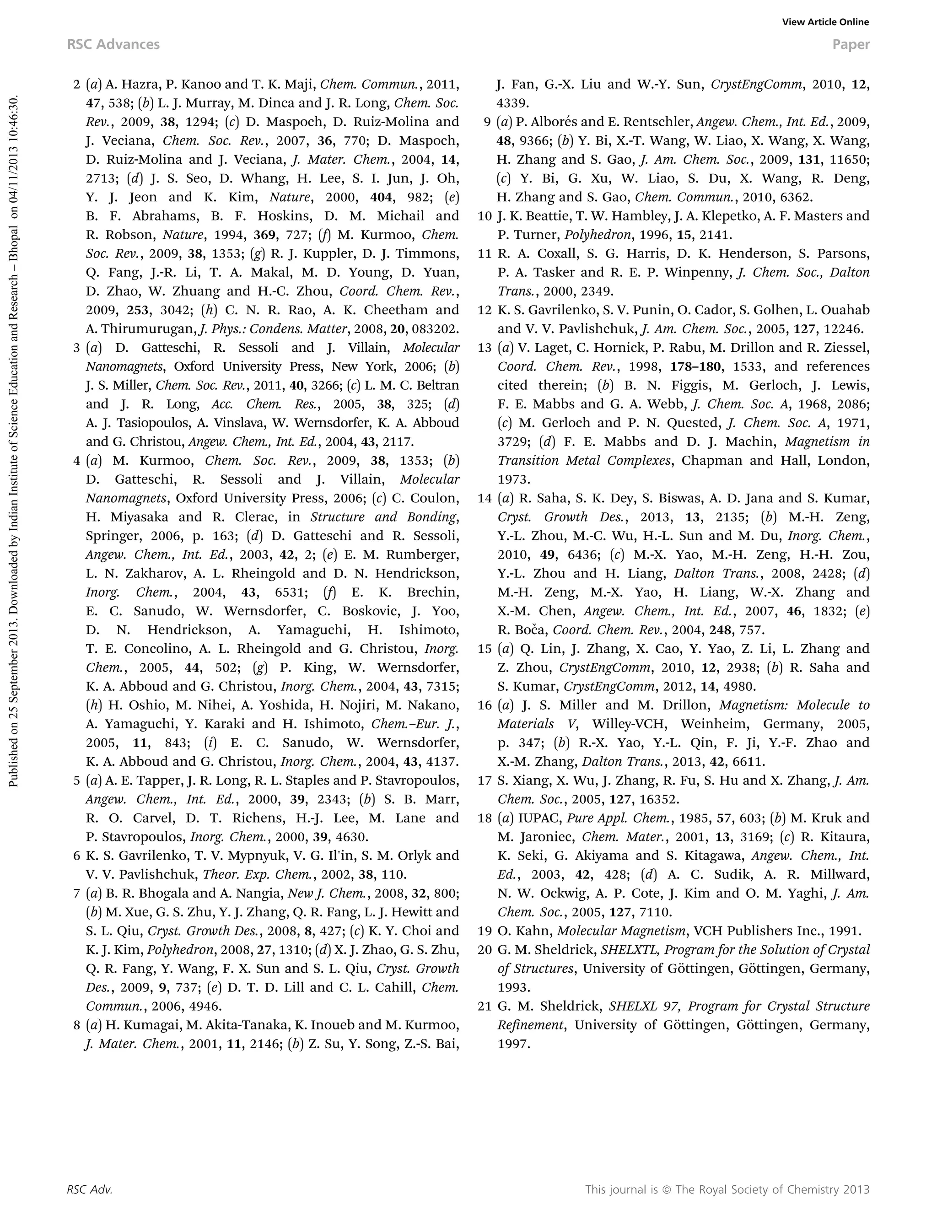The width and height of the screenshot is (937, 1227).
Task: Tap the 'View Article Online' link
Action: (x=825, y=22)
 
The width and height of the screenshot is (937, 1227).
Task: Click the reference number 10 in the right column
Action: (x=484, y=216)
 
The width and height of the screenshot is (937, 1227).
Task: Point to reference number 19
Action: (x=484, y=931)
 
